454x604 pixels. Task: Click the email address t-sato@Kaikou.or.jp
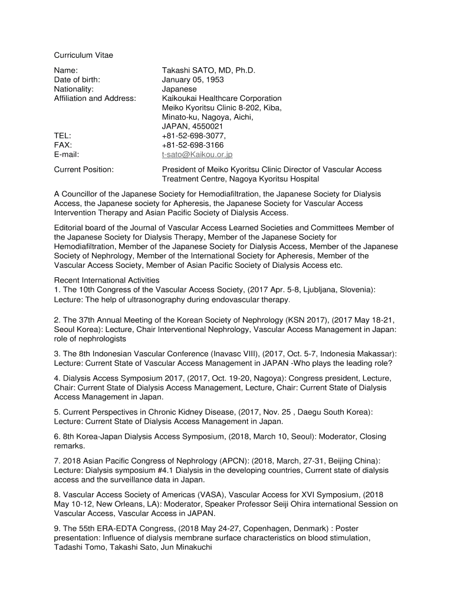198,155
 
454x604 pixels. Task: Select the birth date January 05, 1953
193,80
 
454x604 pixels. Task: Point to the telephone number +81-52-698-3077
194,136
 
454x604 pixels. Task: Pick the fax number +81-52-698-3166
193,145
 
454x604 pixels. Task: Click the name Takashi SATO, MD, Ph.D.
209,70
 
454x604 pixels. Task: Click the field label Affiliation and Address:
95,99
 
